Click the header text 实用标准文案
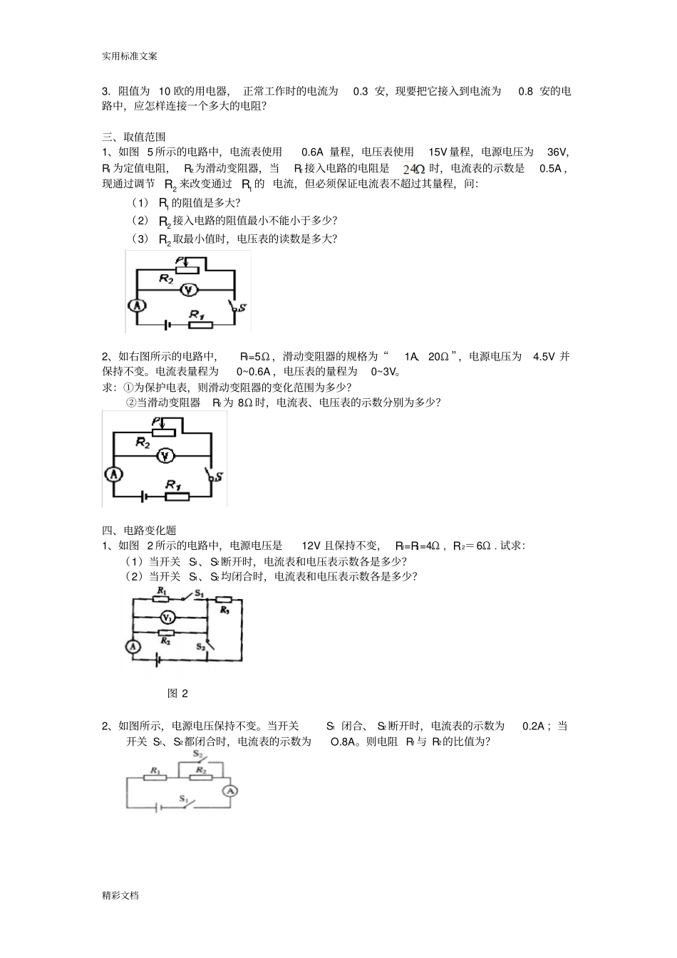tap(130, 56)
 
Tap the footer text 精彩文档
tap(120, 895)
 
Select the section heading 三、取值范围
tap(134, 137)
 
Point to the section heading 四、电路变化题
tap(139, 530)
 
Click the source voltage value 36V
tap(557, 152)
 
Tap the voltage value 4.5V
tap(544, 356)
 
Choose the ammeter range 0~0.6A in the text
tap(254, 371)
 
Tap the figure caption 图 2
tap(177, 693)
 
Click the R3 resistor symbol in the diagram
tap(224, 610)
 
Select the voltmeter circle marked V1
tap(166, 618)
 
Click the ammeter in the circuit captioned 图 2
tap(132, 647)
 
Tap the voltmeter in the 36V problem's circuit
tap(187, 289)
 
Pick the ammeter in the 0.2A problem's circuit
tap(229, 791)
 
